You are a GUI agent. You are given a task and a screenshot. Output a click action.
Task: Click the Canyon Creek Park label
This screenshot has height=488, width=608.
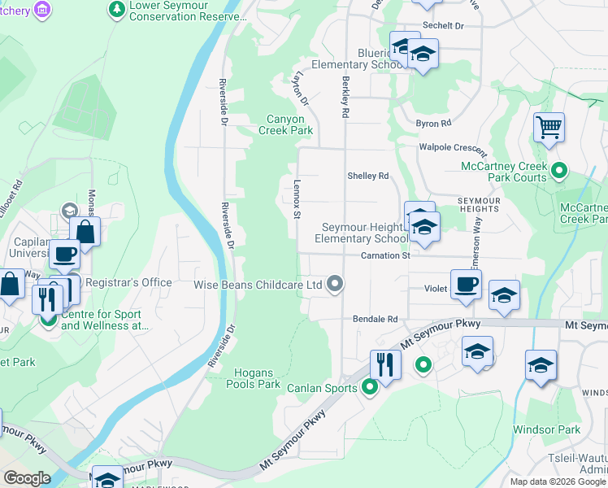point(285,124)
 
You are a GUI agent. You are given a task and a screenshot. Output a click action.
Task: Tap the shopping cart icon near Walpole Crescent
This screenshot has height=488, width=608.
point(549,127)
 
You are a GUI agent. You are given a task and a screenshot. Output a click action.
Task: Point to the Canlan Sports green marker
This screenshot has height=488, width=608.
point(370,388)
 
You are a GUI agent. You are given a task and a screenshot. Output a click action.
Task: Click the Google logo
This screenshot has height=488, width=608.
point(27,477)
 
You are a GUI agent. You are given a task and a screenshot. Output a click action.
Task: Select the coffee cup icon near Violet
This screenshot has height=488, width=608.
point(466,285)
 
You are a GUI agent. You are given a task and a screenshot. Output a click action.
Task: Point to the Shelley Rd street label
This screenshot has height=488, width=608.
point(368,176)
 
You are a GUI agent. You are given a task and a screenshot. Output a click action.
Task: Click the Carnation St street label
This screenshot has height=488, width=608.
point(385,255)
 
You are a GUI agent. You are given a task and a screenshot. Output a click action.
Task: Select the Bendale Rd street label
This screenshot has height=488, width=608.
point(375,320)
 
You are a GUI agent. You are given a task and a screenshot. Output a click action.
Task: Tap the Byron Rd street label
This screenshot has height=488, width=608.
point(433,124)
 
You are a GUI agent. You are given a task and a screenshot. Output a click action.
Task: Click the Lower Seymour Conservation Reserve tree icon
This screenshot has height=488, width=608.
point(117,9)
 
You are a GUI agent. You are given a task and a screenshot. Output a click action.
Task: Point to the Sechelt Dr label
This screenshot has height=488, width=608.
point(443,26)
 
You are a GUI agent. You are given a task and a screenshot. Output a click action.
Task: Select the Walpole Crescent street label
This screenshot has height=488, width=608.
point(453,148)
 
